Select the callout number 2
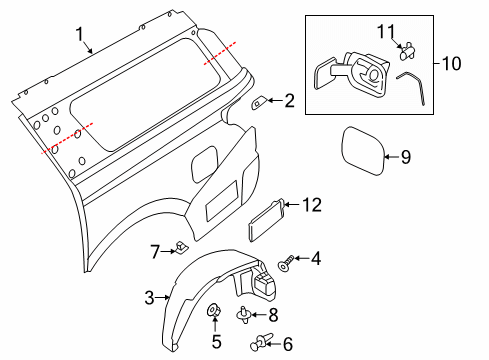point(289,100)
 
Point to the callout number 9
point(406,155)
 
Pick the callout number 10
point(453,64)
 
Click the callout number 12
point(312,205)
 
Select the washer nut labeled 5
point(214,318)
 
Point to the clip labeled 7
point(181,246)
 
